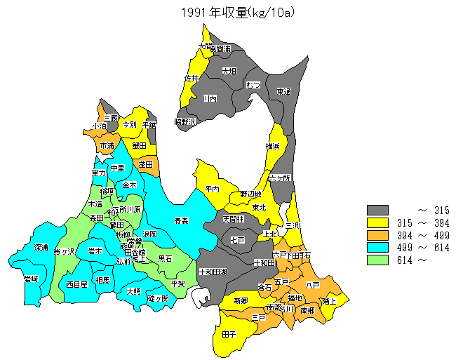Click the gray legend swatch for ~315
click(377, 210)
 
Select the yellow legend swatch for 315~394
click(377, 222)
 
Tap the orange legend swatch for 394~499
click(377, 235)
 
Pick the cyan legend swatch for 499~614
click(377, 248)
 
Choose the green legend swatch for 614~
click(377, 260)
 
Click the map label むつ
click(253, 85)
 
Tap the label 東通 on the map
click(283, 92)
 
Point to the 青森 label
click(182, 221)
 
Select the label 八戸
click(312, 285)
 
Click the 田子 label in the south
click(229, 335)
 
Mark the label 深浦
click(41, 248)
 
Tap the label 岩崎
click(31, 279)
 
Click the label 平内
click(213, 189)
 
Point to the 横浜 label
click(272, 146)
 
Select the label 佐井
click(192, 78)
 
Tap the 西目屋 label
click(76, 284)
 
